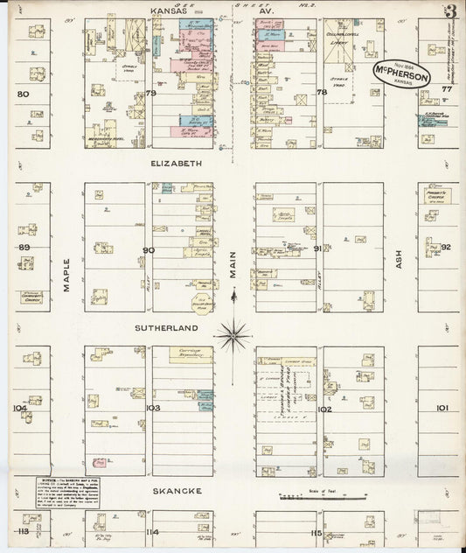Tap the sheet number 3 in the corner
coord(450,12)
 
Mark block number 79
coord(150,93)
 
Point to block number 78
coord(321,93)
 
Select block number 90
coord(150,250)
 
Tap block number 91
coord(318,248)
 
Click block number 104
coord(20,408)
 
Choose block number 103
coord(152,408)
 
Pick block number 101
coord(442,408)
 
